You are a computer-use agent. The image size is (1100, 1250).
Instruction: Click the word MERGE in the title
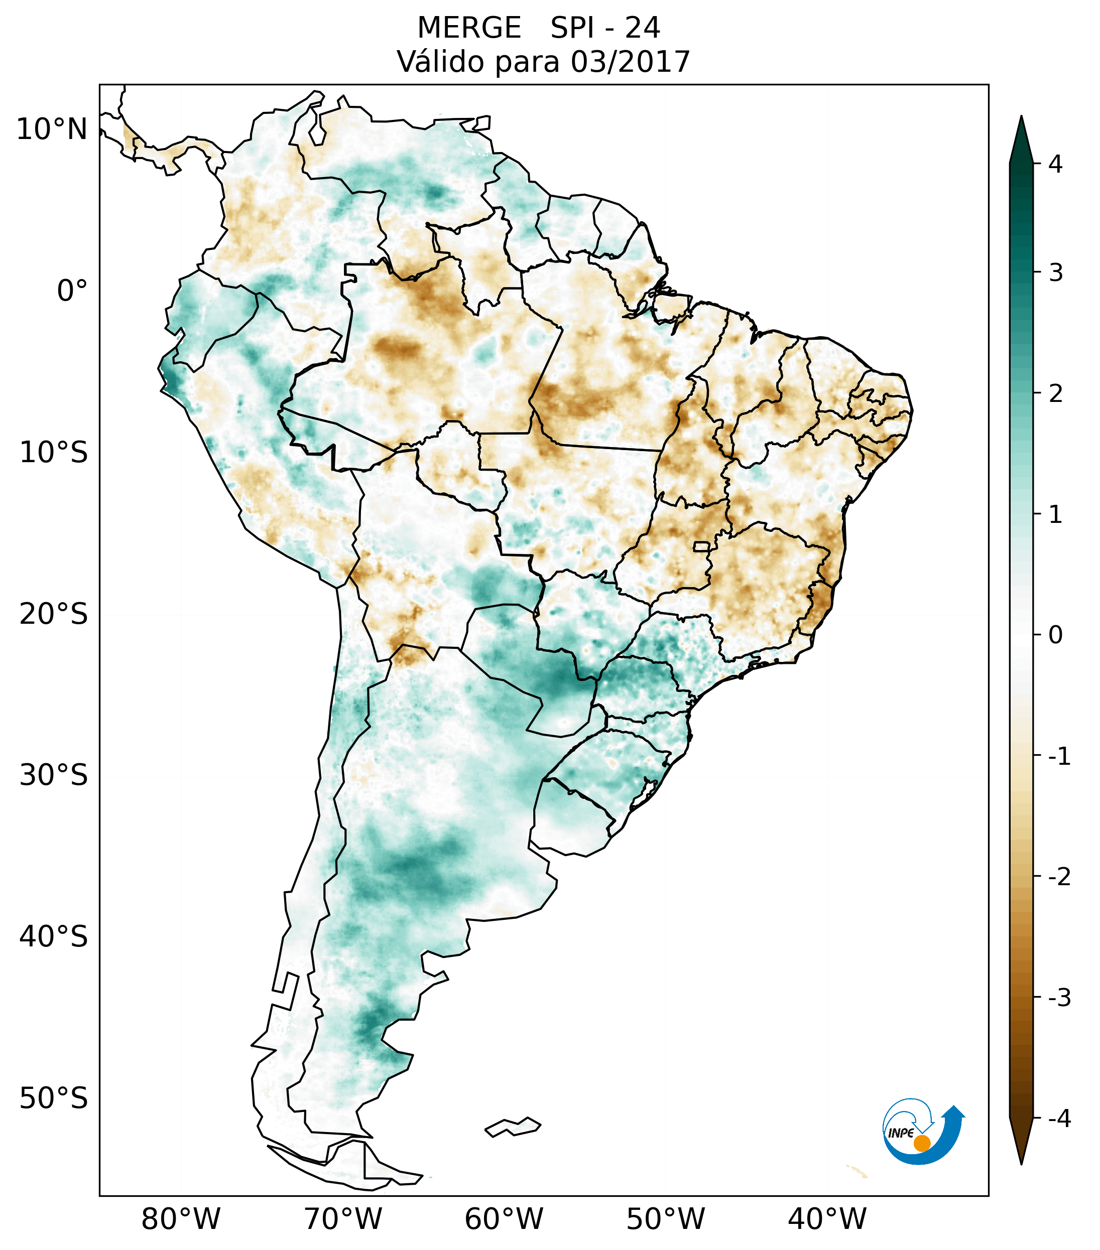click(x=469, y=28)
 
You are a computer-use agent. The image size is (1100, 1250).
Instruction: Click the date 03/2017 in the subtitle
click(x=630, y=62)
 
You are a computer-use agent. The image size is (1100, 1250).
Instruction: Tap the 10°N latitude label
click(x=52, y=129)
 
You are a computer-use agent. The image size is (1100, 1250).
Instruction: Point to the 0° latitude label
click(x=72, y=291)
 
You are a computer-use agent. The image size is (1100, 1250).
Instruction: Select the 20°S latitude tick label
click(x=54, y=614)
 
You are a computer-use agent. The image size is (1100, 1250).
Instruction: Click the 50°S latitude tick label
click(x=54, y=1098)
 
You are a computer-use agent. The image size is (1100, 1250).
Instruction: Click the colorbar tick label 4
click(x=1055, y=164)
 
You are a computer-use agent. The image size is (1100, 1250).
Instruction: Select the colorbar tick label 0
click(x=1055, y=635)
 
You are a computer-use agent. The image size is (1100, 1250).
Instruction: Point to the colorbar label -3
click(x=1059, y=998)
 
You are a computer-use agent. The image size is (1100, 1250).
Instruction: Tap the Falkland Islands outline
click(x=513, y=1127)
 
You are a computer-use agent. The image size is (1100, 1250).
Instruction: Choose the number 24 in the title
click(x=643, y=28)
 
